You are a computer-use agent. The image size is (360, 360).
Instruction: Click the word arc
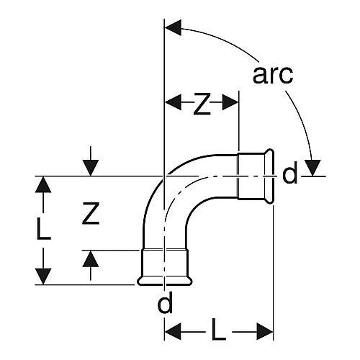(x=273, y=75)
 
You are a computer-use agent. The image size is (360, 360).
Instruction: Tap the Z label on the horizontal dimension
(x=202, y=104)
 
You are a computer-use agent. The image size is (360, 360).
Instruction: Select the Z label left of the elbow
(x=91, y=214)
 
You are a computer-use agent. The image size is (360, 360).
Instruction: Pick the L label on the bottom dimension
(x=219, y=332)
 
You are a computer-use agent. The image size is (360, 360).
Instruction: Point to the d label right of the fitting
(x=290, y=172)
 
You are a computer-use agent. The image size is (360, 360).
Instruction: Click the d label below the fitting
(x=165, y=302)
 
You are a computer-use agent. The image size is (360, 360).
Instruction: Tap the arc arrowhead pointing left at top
(x=173, y=28)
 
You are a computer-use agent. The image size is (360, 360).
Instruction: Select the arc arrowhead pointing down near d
(x=312, y=168)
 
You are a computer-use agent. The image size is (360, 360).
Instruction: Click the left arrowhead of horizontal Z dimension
(x=173, y=102)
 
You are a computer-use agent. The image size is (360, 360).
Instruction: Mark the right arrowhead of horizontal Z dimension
(x=230, y=102)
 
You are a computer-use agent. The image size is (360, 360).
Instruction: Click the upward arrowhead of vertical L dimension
(x=43, y=184)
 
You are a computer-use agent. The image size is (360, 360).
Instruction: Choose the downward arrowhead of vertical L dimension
(x=43, y=276)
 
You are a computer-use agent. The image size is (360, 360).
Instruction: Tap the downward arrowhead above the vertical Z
(x=91, y=168)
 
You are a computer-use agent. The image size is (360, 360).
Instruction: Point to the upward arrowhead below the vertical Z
(x=91, y=258)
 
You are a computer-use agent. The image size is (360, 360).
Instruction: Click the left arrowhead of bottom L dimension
(x=173, y=331)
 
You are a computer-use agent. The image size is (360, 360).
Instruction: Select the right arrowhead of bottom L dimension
(x=265, y=331)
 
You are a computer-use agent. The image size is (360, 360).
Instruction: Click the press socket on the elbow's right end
(x=256, y=176)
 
